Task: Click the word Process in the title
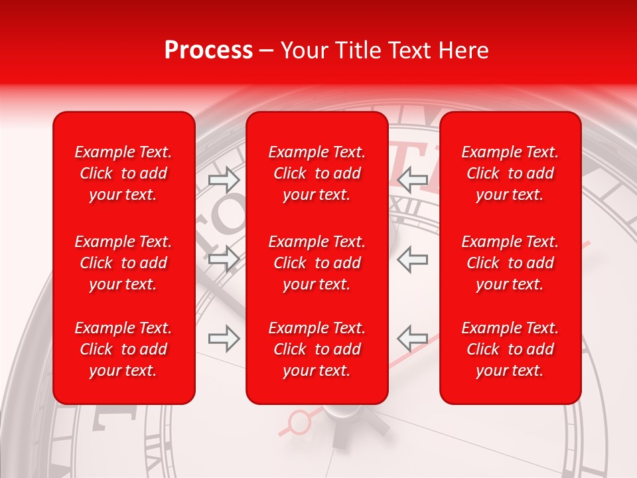(208, 50)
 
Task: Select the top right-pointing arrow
(224, 179)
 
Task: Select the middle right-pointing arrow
(224, 258)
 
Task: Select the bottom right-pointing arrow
(224, 339)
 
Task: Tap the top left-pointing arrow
(412, 179)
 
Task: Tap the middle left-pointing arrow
(412, 258)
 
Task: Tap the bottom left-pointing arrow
(412, 339)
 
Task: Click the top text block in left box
(123, 173)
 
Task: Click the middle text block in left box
(123, 263)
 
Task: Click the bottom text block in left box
(123, 349)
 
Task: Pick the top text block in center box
(317, 173)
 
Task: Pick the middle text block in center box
(317, 263)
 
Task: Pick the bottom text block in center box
(317, 349)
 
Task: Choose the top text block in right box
(510, 173)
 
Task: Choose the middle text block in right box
(510, 263)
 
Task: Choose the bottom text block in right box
(510, 349)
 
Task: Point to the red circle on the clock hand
(301, 420)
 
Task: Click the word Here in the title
(464, 50)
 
